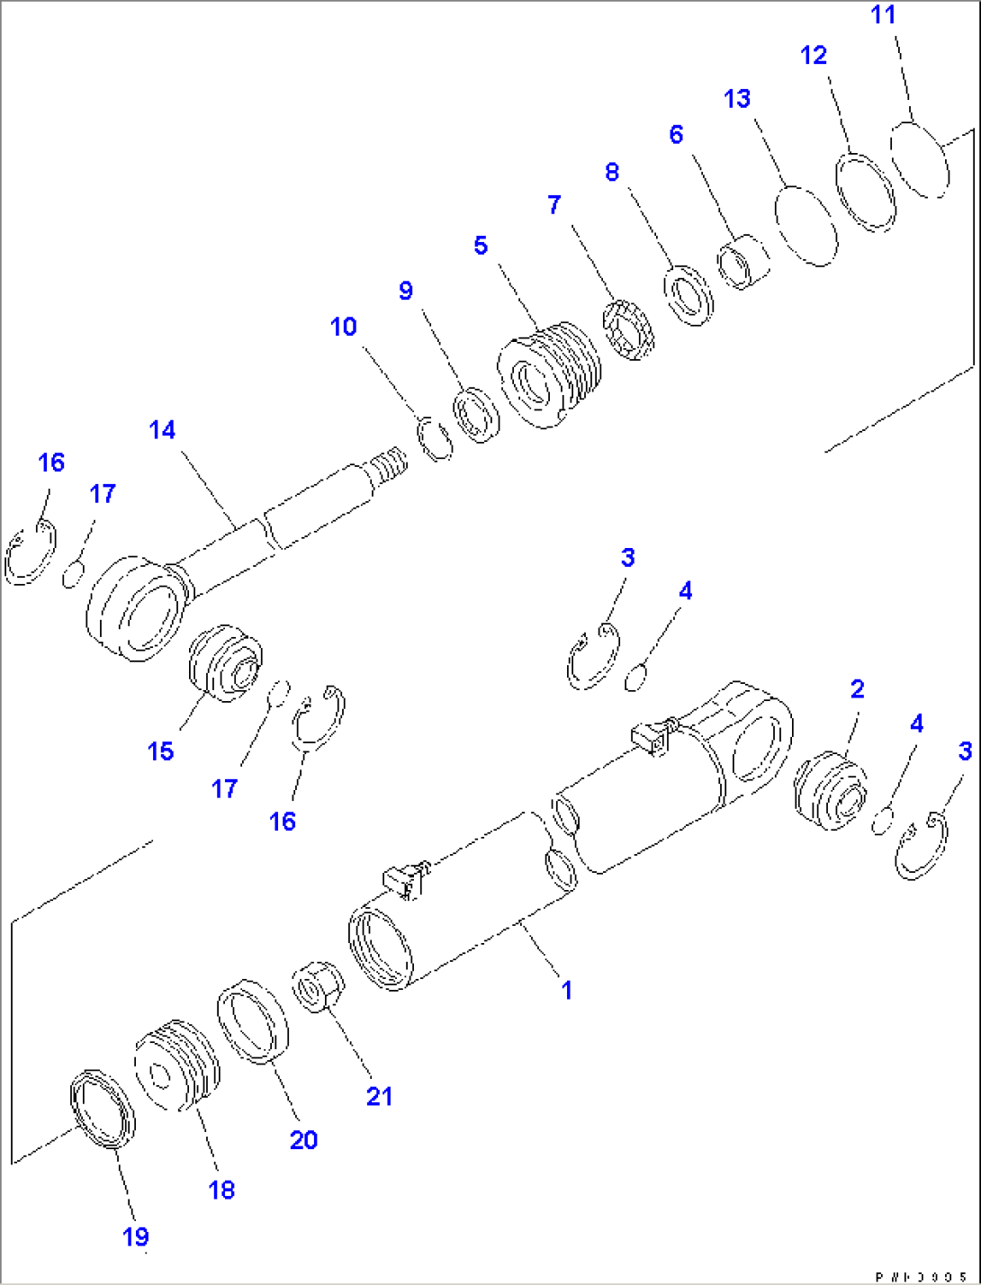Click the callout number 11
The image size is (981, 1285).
click(883, 15)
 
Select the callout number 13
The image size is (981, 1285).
click(737, 98)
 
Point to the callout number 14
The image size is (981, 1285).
click(162, 430)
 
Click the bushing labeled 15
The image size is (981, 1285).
click(225, 663)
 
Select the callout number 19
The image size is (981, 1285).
click(136, 1237)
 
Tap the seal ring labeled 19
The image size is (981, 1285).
click(103, 1110)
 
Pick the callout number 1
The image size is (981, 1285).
click(566, 990)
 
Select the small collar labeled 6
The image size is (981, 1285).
click(743, 262)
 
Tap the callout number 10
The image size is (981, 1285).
click(344, 327)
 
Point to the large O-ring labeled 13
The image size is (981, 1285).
click(807, 226)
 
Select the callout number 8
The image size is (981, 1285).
click(612, 172)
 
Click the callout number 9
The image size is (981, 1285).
click(406, 291)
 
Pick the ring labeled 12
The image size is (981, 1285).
click(867, 193)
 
